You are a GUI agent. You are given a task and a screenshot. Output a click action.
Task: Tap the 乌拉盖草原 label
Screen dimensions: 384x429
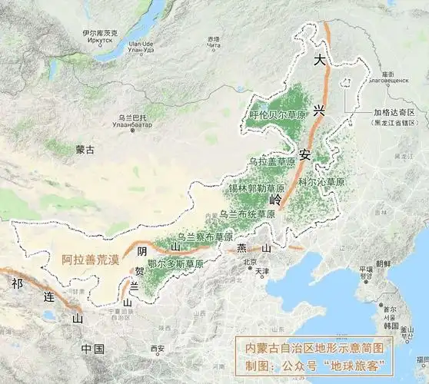coord(271,162)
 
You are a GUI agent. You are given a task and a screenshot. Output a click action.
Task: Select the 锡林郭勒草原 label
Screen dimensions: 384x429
coord(256,187)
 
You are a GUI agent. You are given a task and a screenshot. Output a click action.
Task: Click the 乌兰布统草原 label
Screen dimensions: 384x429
coord(248,214)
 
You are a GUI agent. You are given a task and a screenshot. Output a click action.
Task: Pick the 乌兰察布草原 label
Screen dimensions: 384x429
coord(205,237)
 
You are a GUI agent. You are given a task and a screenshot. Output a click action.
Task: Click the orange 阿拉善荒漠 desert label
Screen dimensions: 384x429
coord(91,260)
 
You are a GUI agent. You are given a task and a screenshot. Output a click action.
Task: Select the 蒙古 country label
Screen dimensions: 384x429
coord(85,151)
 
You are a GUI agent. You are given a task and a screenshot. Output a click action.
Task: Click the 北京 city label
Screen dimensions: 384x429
coord(249,262)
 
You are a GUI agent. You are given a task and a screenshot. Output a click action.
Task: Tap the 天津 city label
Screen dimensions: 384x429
coord(263,271)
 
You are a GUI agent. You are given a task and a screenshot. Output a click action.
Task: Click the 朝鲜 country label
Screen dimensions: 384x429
coord(383,263)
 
